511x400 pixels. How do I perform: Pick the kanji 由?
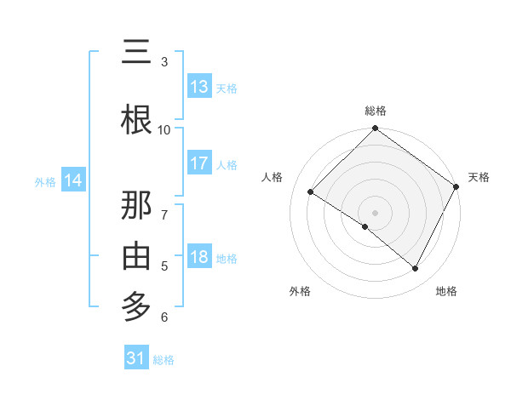point(136,255)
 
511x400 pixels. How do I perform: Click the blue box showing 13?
point(199,87)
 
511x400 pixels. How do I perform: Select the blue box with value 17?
point(199,163)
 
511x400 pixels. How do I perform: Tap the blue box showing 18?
point(199,257)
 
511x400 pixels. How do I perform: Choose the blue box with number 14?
point(73,180)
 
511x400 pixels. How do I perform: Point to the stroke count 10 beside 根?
point(164,129)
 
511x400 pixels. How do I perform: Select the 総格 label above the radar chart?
point(376,111)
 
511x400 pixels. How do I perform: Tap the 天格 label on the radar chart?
point(479,177)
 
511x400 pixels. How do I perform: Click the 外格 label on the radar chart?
point(300,292)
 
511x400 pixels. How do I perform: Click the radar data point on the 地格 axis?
point(416,269)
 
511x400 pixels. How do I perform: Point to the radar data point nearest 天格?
point(456,186)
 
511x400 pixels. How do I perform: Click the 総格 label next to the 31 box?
point(164,360)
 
